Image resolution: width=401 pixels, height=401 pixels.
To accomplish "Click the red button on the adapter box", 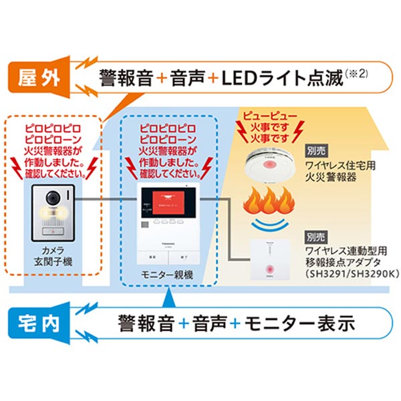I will (269, 269).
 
